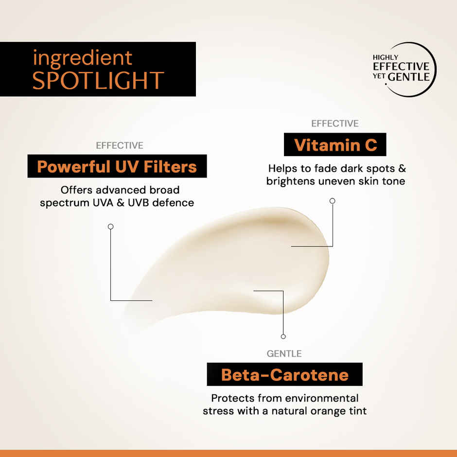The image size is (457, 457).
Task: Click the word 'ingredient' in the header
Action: click(82, 58)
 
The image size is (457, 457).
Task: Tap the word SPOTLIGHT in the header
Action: click(98, 80)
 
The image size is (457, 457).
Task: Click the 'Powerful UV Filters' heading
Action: click(117, 167)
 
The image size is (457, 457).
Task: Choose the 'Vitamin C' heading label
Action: click(335, 145)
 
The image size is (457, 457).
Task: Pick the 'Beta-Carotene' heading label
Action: click(284, 375)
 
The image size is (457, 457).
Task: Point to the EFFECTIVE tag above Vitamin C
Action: click(334, 123)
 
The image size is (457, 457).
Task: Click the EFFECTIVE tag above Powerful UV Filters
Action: click(120, 145)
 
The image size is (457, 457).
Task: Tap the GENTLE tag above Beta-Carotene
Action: click(284, 353)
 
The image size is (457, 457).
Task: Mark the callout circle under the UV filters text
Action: click(111, 227)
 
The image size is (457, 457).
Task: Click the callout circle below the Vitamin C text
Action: click(333, 200)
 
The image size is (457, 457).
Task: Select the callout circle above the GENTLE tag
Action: click(283, 336)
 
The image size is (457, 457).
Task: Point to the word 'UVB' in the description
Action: click(139, 202)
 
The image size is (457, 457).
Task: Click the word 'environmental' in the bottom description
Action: click(317, 398)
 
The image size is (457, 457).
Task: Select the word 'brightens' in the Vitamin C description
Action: click(289, 181)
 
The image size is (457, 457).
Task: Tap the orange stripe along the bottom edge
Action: click(228, 453)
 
